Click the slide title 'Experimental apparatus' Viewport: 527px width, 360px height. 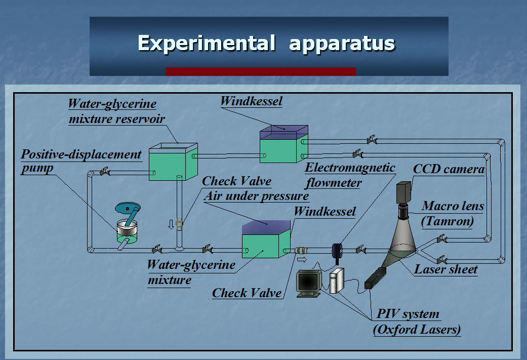266,44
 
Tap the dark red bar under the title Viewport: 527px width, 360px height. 261,71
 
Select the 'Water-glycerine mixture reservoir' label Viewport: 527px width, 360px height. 116,111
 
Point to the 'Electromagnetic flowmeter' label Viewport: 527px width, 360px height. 350,175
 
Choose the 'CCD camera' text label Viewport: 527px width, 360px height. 449,169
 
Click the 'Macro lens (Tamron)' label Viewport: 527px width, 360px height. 453,214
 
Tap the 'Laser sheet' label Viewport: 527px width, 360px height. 445,269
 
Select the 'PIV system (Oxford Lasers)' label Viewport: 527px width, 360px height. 417,322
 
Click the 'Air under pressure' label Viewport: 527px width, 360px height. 256,195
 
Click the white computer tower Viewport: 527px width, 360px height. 337,281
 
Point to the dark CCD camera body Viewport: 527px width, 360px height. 403,192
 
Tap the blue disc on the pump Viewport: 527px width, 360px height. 128,208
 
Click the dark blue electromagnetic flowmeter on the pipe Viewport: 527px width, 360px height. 337,251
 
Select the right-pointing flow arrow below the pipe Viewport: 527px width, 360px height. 302,260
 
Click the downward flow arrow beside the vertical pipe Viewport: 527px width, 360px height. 171,224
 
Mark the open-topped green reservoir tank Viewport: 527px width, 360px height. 173,162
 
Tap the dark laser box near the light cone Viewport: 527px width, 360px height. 375,278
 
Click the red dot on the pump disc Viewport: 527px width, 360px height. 128,209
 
